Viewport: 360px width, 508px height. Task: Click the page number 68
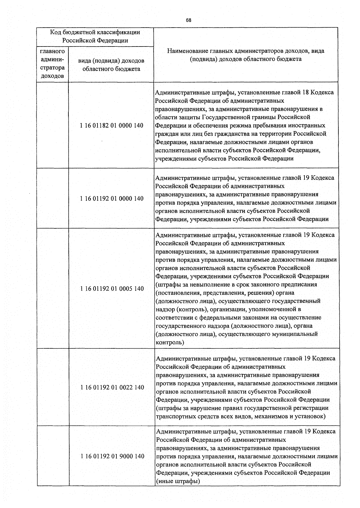click(x=188, y=20)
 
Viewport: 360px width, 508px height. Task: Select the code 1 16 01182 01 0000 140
click(x=112, y=125)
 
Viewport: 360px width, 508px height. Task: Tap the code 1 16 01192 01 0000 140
click(x=112, y=198)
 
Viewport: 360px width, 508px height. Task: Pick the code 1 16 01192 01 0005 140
click(x=112, y=289)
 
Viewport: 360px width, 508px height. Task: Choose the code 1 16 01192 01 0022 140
click(x=112, y=387)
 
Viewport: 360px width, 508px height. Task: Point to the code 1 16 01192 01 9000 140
click(x=112, y=456)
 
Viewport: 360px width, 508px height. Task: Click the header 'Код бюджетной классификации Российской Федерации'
click(x=95, y=36)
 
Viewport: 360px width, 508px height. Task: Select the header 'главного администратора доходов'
click(x=52, y=64)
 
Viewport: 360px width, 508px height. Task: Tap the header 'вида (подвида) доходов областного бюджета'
click(x=111, y=65)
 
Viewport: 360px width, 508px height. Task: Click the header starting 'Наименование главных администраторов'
click(x=245, y=55)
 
